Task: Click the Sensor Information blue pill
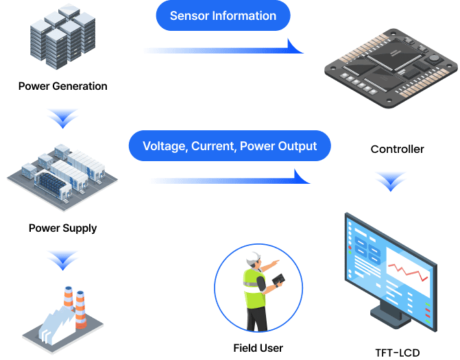223,16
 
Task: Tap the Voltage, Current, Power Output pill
230,146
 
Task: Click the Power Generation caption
62,86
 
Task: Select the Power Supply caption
62,228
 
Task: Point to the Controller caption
397,149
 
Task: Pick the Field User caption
258,348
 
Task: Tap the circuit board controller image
390,69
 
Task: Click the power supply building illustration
62,178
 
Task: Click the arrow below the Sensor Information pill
223,49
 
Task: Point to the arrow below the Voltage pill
230,180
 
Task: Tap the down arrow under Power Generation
63,119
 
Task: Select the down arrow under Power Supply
63,259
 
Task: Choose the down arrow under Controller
390,182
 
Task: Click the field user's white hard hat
255,257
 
